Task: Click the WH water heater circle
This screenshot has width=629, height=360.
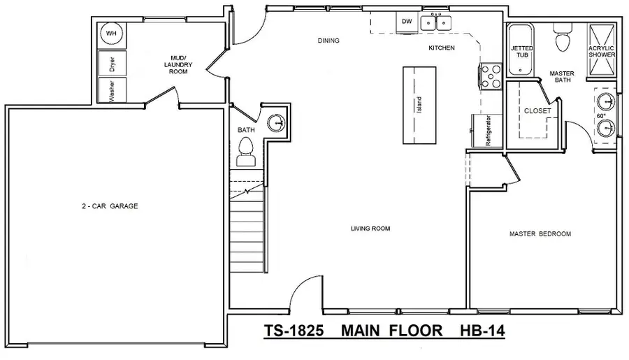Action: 110,34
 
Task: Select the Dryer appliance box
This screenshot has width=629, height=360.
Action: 110,63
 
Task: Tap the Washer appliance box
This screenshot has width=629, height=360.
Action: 110,90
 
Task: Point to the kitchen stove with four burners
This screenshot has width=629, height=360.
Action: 491,75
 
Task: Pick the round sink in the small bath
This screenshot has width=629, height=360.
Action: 277,122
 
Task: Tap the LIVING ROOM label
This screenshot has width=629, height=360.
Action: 370,228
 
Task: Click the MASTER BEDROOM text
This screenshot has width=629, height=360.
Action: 540,233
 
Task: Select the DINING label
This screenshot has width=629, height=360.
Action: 328,41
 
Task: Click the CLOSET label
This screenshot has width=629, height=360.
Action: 537,110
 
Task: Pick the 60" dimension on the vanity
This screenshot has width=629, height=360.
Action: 600,116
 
